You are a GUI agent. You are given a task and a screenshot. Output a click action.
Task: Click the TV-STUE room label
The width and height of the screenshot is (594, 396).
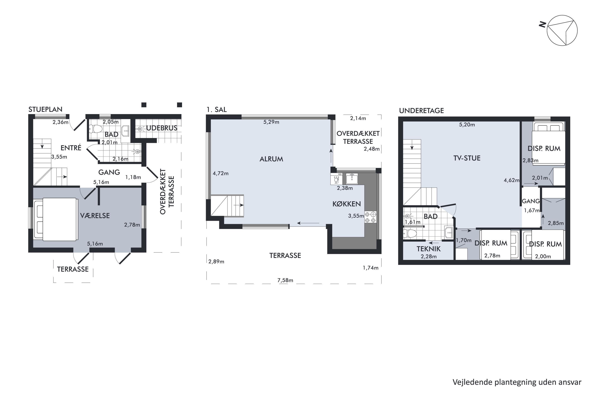(467, 158)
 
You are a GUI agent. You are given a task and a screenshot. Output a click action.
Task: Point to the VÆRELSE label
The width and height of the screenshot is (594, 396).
(95, 216)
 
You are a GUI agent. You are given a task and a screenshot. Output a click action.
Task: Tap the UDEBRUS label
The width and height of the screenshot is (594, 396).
(162, 128)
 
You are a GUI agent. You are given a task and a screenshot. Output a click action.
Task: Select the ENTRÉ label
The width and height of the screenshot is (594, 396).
(71, 148)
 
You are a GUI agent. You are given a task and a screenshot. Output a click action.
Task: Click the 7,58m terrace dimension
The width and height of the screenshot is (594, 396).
(285, 280)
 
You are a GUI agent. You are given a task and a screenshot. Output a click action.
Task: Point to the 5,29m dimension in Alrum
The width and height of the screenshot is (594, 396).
(271, 122)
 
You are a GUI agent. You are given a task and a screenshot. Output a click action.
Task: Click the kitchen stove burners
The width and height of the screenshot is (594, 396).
(370, 217)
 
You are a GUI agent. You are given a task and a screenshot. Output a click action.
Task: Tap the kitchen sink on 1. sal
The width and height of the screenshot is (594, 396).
(352, 179)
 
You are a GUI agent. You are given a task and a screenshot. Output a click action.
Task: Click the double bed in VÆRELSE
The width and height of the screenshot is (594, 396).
(56, 219)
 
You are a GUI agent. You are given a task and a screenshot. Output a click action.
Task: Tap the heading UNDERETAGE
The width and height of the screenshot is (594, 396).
(421, 111)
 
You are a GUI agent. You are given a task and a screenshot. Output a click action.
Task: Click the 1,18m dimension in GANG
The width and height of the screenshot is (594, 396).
(133, 177)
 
